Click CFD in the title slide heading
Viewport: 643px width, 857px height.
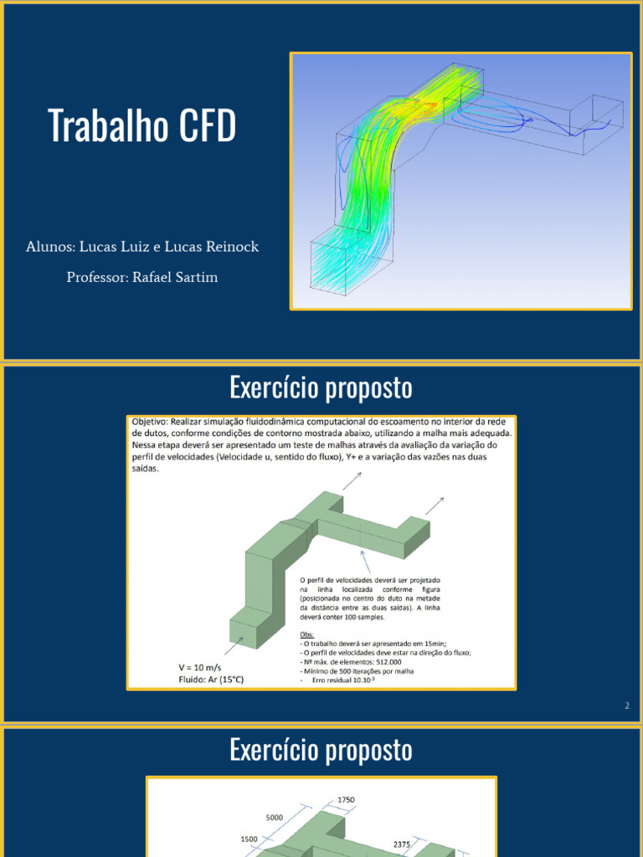(x=207, y=126)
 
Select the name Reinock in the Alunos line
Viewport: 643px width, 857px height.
(x=234, y=247)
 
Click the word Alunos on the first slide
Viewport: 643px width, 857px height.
(x=49, y=247)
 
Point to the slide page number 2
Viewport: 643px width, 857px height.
(x=626, y=706)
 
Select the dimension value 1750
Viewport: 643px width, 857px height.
(x=347, y=800)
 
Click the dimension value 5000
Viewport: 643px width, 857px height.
(x=275, y=817)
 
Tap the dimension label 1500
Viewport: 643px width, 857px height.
(x=249, y=839)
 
